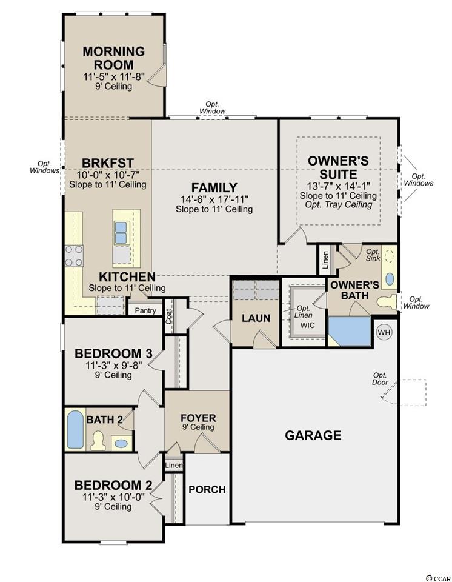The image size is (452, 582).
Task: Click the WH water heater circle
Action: [x=384, y=332]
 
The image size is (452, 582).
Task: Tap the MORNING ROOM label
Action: [x=113, y=58]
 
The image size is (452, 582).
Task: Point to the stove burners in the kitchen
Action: [x=74, y=256]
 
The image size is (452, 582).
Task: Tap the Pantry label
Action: [x=145, y=310]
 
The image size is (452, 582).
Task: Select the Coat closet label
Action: [x=169, y=316]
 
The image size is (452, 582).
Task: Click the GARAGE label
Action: [x=313, y=435]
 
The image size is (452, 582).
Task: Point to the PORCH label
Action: [x=207, y=490]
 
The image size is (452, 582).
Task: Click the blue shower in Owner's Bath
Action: [x=350, y=332]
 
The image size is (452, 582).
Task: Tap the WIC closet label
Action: [x=308, y=325]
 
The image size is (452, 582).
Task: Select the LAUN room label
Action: [x=256, y=318]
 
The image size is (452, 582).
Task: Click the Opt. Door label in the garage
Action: [x=380, y=378]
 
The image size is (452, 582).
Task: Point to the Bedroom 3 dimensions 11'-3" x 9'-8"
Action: [x=113, y=365]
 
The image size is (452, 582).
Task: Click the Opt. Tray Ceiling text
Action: [x=339, y=204]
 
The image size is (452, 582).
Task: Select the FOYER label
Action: [x=198, y=418]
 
